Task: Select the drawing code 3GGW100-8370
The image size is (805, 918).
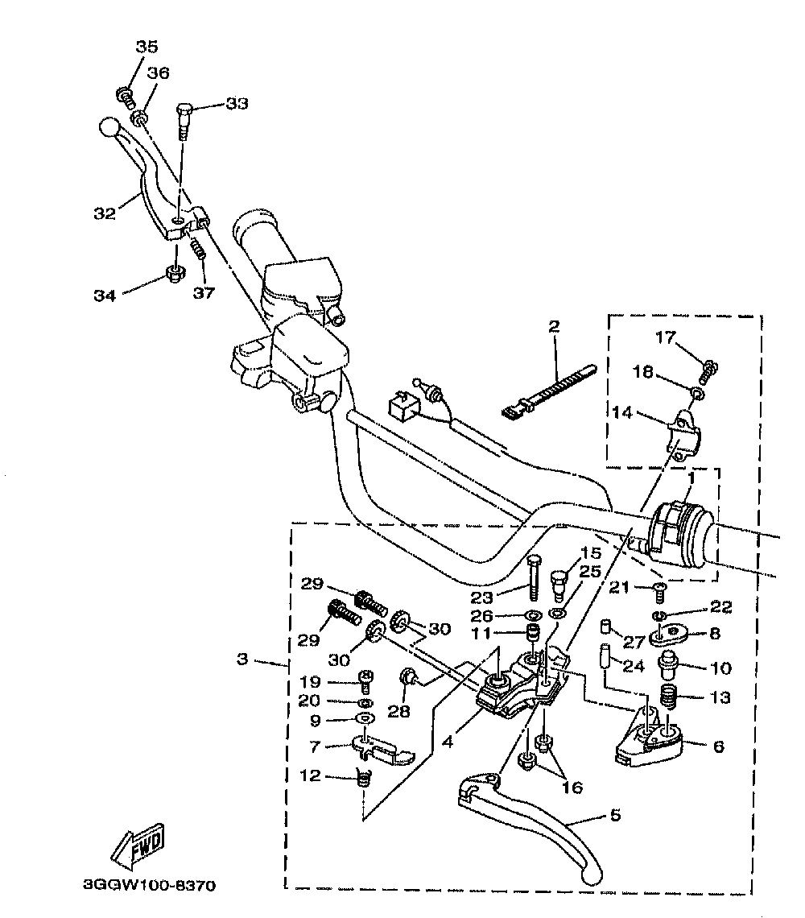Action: [x=149, y=885]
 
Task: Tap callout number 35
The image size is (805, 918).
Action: [x=147, y=46]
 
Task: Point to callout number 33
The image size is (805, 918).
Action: [x=237, y=104]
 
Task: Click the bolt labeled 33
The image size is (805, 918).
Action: [x=184, y=121]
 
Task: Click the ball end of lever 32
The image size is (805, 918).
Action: [x=109, y=126]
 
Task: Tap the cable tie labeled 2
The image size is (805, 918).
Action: [x=548, y=391]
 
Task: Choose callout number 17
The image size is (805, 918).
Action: [x=665, y=337]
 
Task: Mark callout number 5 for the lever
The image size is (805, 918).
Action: [x=615, y=815]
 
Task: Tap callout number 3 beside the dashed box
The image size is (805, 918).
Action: [x=242, y=660]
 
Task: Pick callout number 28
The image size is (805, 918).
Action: [x=398, y=711]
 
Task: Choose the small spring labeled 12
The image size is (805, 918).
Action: [x=364, y=778]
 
